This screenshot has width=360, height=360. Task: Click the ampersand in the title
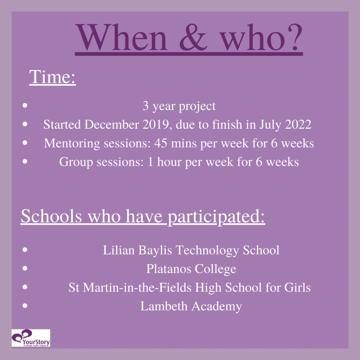193,37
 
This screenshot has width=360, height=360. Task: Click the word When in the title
121,37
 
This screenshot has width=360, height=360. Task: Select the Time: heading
52,77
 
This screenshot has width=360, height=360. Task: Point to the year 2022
298,124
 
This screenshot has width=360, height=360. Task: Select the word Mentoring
72,143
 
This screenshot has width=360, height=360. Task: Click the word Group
76,162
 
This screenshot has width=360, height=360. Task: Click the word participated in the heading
216,217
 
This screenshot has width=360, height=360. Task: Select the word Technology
207,250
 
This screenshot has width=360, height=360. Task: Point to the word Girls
297,288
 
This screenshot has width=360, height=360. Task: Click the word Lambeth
164,306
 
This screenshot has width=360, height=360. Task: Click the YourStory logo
31,338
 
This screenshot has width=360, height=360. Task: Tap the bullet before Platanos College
25,268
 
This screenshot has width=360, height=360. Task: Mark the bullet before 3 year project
25,105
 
